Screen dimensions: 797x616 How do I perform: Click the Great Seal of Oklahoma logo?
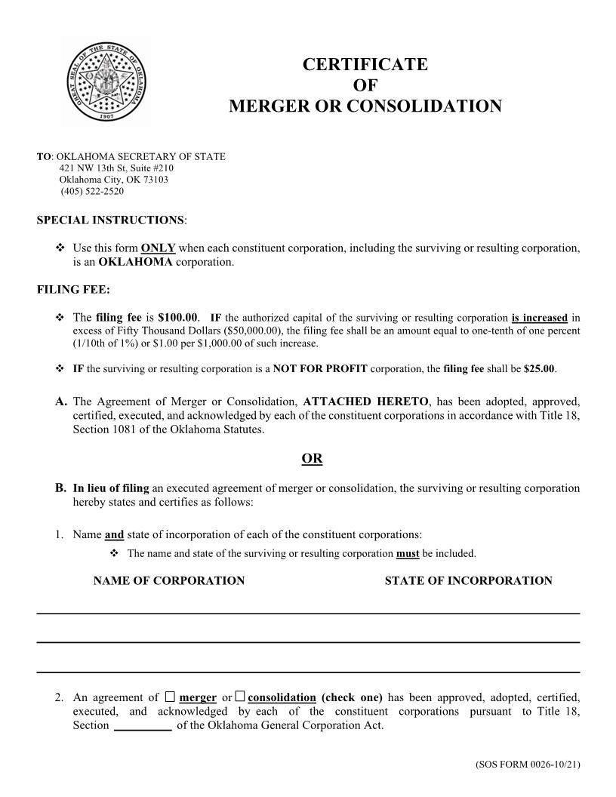(105, 81)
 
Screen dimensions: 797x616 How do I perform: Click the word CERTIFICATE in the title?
(365, 65)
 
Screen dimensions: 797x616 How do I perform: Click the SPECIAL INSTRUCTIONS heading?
(110, 220)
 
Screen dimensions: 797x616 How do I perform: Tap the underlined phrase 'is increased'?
(539, 318)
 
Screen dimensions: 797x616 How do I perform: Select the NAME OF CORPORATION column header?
(168, 580)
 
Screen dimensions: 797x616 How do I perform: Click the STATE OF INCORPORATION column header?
(468, 580)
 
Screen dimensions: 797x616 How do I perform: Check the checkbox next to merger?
(170, 697)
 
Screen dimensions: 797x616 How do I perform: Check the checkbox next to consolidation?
(240, 697)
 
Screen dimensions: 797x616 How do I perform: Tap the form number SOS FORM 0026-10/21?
(528, 765)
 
